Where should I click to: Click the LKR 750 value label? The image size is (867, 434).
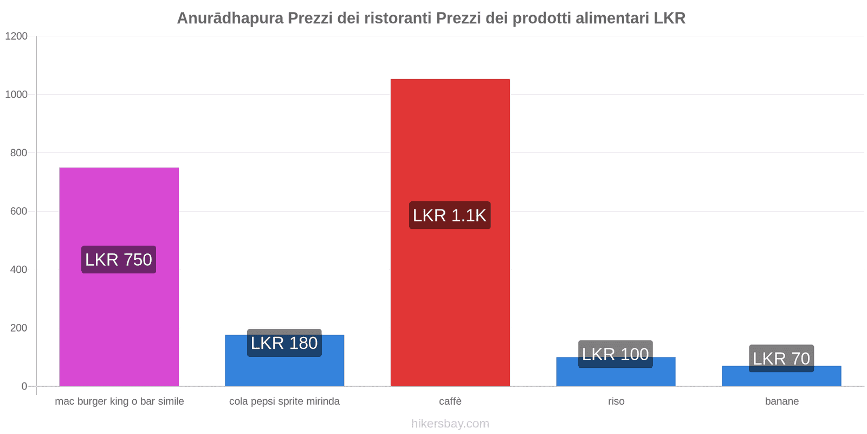(x=119, y=259)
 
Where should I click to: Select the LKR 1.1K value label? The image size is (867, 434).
(x=450, y=215)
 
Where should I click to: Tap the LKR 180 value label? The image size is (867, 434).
(x=284, y=343)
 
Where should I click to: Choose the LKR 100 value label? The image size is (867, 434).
(x=616, y=354)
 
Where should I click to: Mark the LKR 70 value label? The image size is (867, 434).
(x=781, y=358)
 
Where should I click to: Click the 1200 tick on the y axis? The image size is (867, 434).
(x=16, y=36)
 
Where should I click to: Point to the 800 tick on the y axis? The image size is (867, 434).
(x=18, y=153)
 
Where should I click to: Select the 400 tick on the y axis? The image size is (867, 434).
(x=18, y=270)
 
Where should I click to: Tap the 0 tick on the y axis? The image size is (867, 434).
(x=24, y=386)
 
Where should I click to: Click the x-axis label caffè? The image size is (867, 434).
(x=450, y=401)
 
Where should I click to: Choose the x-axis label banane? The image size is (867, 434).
(x=782, y=401)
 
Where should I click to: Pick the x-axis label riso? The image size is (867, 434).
(x=616, y=401)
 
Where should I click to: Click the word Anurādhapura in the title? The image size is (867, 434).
(x=230, y=18)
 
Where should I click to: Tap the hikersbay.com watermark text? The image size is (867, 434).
(x=450, y=424)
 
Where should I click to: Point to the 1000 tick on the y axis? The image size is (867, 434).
(x=16, y=94)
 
